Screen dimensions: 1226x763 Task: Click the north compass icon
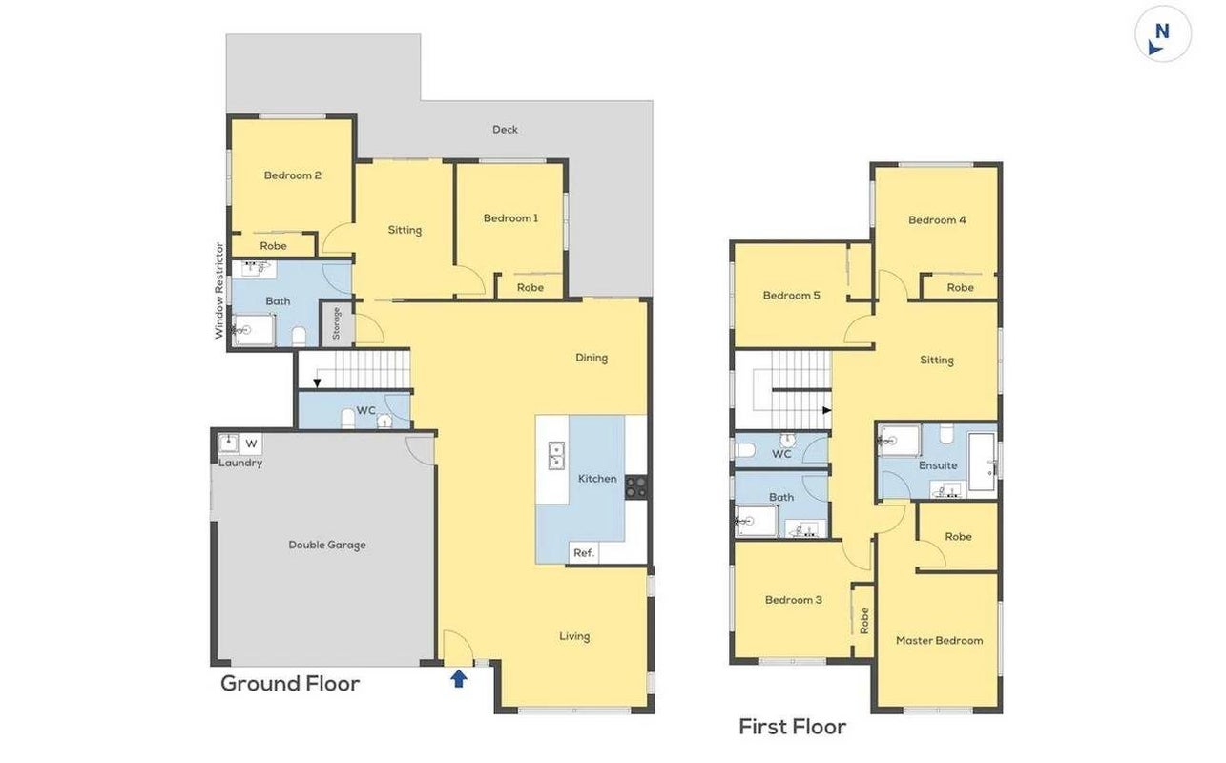[1162, 34]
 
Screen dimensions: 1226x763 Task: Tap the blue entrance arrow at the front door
[459, 679]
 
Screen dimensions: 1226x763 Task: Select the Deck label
[505, 130]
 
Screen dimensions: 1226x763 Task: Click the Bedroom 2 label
[292, 175]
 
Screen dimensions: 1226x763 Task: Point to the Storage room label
[337, 323]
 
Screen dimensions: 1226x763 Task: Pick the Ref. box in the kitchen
[584, 553]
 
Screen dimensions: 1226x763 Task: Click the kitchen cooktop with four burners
[636, 486]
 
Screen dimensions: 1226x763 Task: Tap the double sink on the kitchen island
[556, 456]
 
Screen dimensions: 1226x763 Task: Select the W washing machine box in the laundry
[251, 443]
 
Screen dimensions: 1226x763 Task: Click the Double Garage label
[326, 545]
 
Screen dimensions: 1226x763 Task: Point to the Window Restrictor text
[218, 291]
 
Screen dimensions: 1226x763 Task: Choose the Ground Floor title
[290, 684]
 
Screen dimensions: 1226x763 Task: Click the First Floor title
[792, 727]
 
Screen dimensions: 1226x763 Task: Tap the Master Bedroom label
[939, 641]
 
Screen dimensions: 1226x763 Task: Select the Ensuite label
[938, 465]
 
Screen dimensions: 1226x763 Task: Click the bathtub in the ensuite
[982, 462]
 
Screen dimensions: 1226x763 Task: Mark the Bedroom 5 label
[792, 296]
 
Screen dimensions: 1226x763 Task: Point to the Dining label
[592, 358]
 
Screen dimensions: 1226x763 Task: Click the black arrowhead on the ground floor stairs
[317, 382]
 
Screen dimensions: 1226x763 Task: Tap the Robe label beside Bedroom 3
[864, 621]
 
